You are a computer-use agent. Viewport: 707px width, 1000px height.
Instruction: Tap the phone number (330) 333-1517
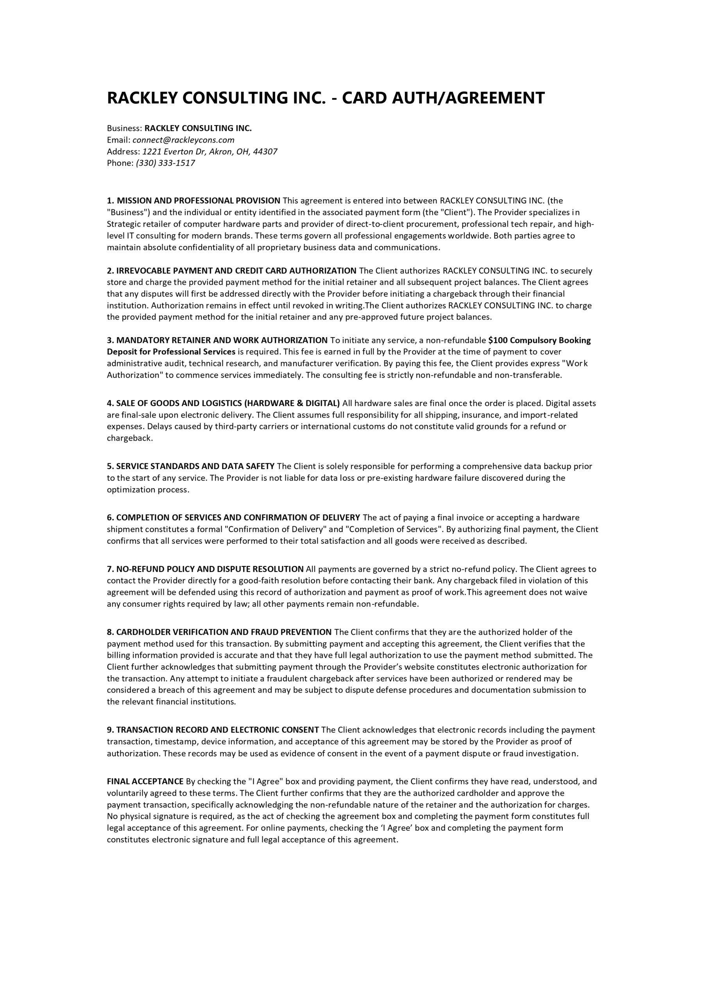click(166, 163)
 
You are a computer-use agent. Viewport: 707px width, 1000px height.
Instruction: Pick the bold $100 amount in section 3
click(498, 340)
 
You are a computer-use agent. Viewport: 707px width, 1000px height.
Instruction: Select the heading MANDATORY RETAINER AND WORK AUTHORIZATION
click(222, 340)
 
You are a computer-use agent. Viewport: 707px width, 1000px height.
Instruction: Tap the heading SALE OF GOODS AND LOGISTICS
click(228, 403)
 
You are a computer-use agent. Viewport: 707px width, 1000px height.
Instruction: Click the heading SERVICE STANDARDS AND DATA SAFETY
click(195, 466)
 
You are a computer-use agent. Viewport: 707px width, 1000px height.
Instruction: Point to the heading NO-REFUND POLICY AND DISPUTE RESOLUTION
click(210, 569)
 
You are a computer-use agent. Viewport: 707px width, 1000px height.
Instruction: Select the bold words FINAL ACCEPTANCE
click(145, 781)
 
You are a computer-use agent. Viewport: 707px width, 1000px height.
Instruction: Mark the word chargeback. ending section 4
click(130, 438)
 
